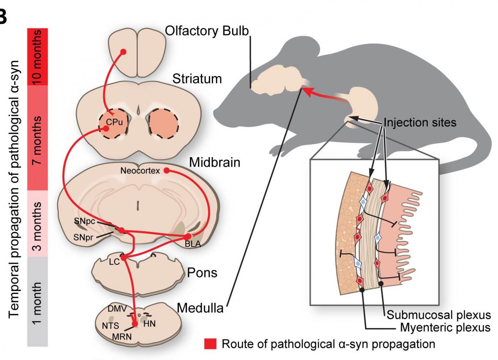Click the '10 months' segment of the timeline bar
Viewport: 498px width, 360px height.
click(x=37, y=56)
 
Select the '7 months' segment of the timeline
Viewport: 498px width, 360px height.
click(x=37, y=137)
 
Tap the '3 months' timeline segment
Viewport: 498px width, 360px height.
click(x=37, y=224)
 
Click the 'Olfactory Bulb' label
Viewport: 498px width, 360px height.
click(x=207, y=31)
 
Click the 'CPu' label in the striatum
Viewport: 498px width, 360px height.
click(x=114, y=122)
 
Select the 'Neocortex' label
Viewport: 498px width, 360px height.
click(x=140, y=171)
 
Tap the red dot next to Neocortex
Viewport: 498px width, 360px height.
click(x=166, y=170)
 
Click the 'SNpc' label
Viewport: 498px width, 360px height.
click(x=84, y=221)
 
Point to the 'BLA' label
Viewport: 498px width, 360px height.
click(x=193, y=244)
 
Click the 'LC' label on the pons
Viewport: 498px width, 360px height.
click(x=114, y=262)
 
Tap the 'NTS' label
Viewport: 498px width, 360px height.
click(x=110, y=326)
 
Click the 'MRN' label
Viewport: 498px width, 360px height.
click(x=122, y=336)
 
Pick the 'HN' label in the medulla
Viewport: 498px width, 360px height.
click(x=149, y=324)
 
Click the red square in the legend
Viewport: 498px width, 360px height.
click(x=210, y=344)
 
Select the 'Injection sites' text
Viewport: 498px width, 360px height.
click(x=420, y=123)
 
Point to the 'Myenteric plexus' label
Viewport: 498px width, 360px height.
click(x=445, y=327)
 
